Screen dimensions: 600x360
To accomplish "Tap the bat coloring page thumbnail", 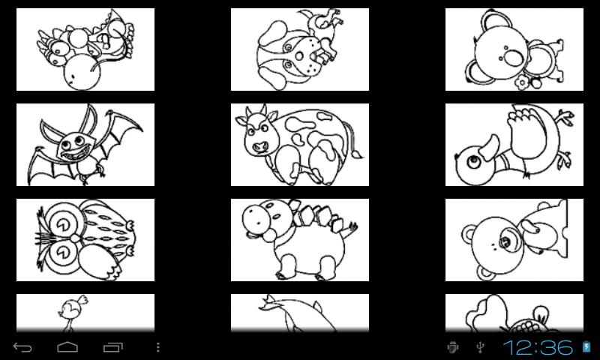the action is click(x=85, y=145).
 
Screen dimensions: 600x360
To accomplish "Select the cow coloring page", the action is click(x=299, y=145).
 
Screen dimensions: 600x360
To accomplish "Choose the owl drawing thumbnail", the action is click(x=85, y=240).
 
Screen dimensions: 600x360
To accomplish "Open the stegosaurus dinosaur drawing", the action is click(x=299, y=240).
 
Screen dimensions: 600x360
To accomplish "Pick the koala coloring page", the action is click(x=514, y=49).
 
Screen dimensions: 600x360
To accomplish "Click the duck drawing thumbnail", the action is click(x=514, y=145).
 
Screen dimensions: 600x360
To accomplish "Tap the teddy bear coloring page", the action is click(x=514, y=240).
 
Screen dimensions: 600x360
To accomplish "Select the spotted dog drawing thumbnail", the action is click(x=299, y=49).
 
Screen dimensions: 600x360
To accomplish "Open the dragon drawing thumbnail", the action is click(x=85, y=49).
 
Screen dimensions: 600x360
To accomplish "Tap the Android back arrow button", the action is click(x=22, y=347).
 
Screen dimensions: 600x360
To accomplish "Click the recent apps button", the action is click(x=113, y=347).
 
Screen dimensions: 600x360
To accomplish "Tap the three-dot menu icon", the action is click(x=158, y=347).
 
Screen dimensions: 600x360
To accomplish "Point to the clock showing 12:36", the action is click(x=538, y=347).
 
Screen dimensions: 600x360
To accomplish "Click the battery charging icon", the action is click(x=586, y=347).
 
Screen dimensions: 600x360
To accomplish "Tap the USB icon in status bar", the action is click(x=480, y=347).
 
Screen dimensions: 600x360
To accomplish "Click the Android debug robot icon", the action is click(x=453, y=347).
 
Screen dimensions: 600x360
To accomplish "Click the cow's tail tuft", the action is click(x=358, y=154).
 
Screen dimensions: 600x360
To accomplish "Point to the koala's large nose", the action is click(x=513, y=58).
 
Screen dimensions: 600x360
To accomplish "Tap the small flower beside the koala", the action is click(x=521, y=82).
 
